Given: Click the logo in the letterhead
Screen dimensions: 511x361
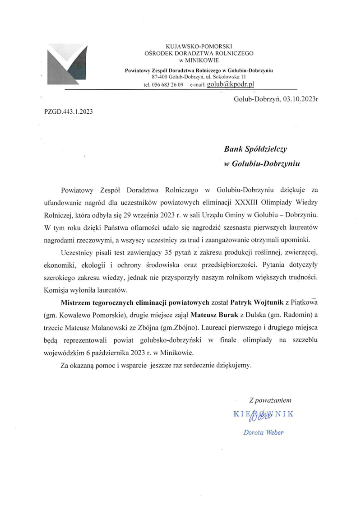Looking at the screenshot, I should click(68, 65).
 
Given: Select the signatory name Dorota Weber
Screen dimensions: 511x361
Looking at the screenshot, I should click(263, 432).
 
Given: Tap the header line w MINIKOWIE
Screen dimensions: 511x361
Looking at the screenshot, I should click(199, 60).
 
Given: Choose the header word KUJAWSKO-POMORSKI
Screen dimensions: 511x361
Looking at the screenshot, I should click(199, 46).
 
